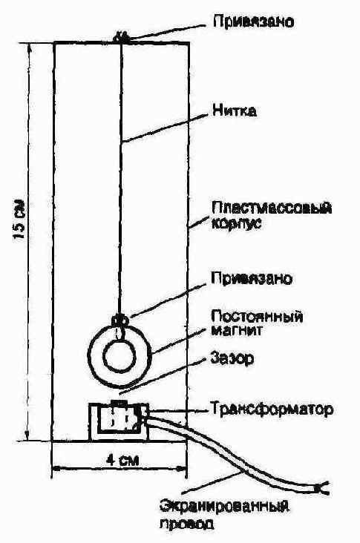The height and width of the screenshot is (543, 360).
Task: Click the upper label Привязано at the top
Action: pyautogui.click(x=253, y=22)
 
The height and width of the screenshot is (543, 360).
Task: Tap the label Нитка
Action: pyautogui.click(x=235, y=111)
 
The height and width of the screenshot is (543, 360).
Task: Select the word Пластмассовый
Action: pyautogui.click(x=272, y=208)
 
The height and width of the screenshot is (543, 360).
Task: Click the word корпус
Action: pyautogui.click(x=235, y=223)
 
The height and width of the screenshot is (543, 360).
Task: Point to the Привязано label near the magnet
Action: pyautogui.click(x=252, y=278)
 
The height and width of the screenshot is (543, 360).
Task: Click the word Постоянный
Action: pyautogui.click(x=257, y=316)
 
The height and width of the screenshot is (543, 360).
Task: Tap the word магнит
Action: pyautogui.click(x=236, y=330)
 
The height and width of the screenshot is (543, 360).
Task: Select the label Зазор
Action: pyautogui.click(x=232, y=358)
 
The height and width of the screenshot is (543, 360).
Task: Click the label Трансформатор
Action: pyautogui.click(x=272, y=409)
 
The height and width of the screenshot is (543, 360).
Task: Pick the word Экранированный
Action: pyautogui.click(x=224, y=507)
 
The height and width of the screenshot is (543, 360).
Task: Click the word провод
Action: pyautogui.click(x=187, y=523)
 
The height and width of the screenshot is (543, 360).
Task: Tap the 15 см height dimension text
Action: pyautogui.click(x=19, y=219)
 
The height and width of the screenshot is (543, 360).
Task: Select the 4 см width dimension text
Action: pyautogui.click(x=122, y=460)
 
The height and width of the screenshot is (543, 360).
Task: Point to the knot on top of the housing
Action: pyautogui.click(x=121, y=37)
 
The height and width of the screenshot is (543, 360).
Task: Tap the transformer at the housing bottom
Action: pyautogui.click(x=119, y=420)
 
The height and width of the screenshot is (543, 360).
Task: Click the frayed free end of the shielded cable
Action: pyautogui.click(x=321, y=487)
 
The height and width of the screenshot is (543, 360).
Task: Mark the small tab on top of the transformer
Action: pyautogui.click(x=119, y=402)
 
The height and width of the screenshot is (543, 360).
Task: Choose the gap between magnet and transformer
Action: pyautogui.click(x=120, y=393)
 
